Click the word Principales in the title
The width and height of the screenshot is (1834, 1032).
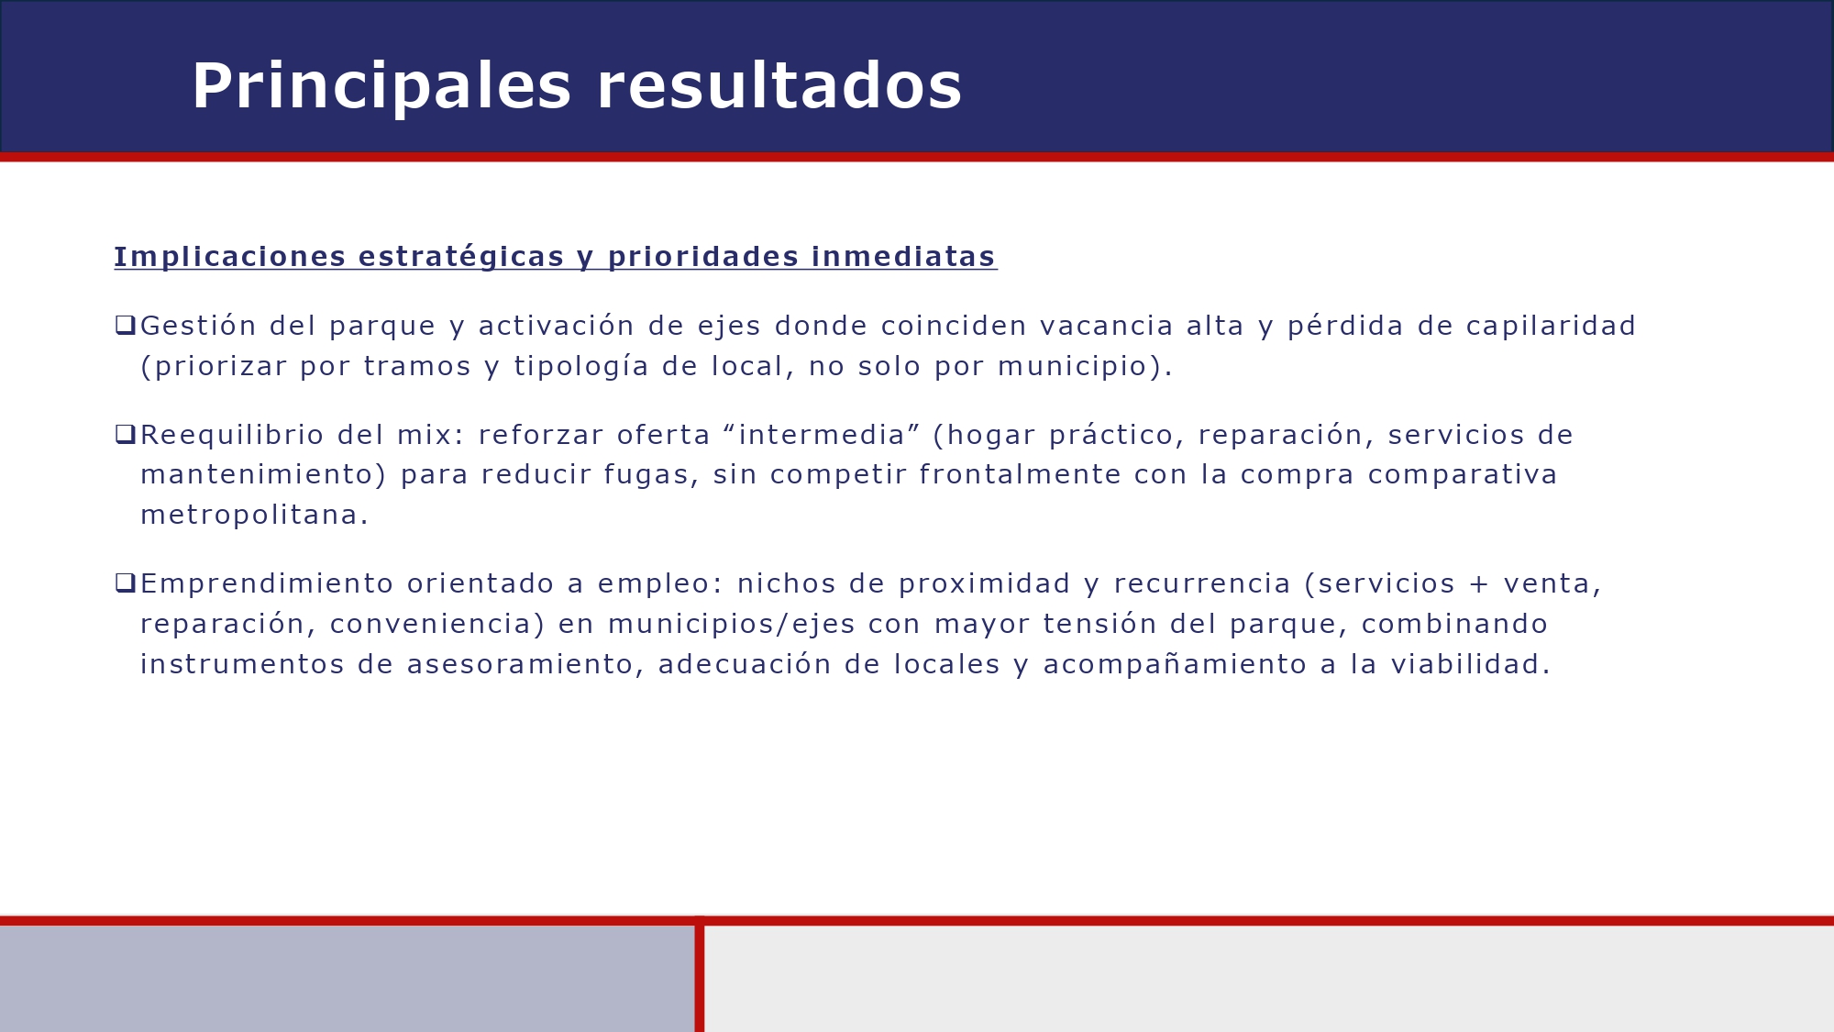[x=381, y=87]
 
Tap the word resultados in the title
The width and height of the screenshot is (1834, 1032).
[x=779, y=87]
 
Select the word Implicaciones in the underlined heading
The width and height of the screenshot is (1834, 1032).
[x=230, y=257]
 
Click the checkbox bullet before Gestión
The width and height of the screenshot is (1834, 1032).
[x=125, y=325]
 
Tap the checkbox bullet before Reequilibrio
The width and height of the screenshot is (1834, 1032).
[x=125, y=434]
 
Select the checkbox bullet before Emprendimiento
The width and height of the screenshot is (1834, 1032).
[x=125, y=583]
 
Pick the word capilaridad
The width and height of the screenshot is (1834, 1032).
[x=1551, y=326]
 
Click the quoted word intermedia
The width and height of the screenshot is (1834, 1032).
[x=822, y=435]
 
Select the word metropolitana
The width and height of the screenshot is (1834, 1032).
[x=254, y=516]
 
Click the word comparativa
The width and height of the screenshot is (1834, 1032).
[x=1463, y=475]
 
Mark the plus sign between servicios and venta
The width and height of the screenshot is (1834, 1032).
[x=1479, y=584]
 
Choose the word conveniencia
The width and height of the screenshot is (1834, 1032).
[x=431, y=625]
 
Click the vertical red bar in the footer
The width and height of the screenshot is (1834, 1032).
[x=700, y=977]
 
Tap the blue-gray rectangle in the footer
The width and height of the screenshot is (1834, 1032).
[x=347, y=978]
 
